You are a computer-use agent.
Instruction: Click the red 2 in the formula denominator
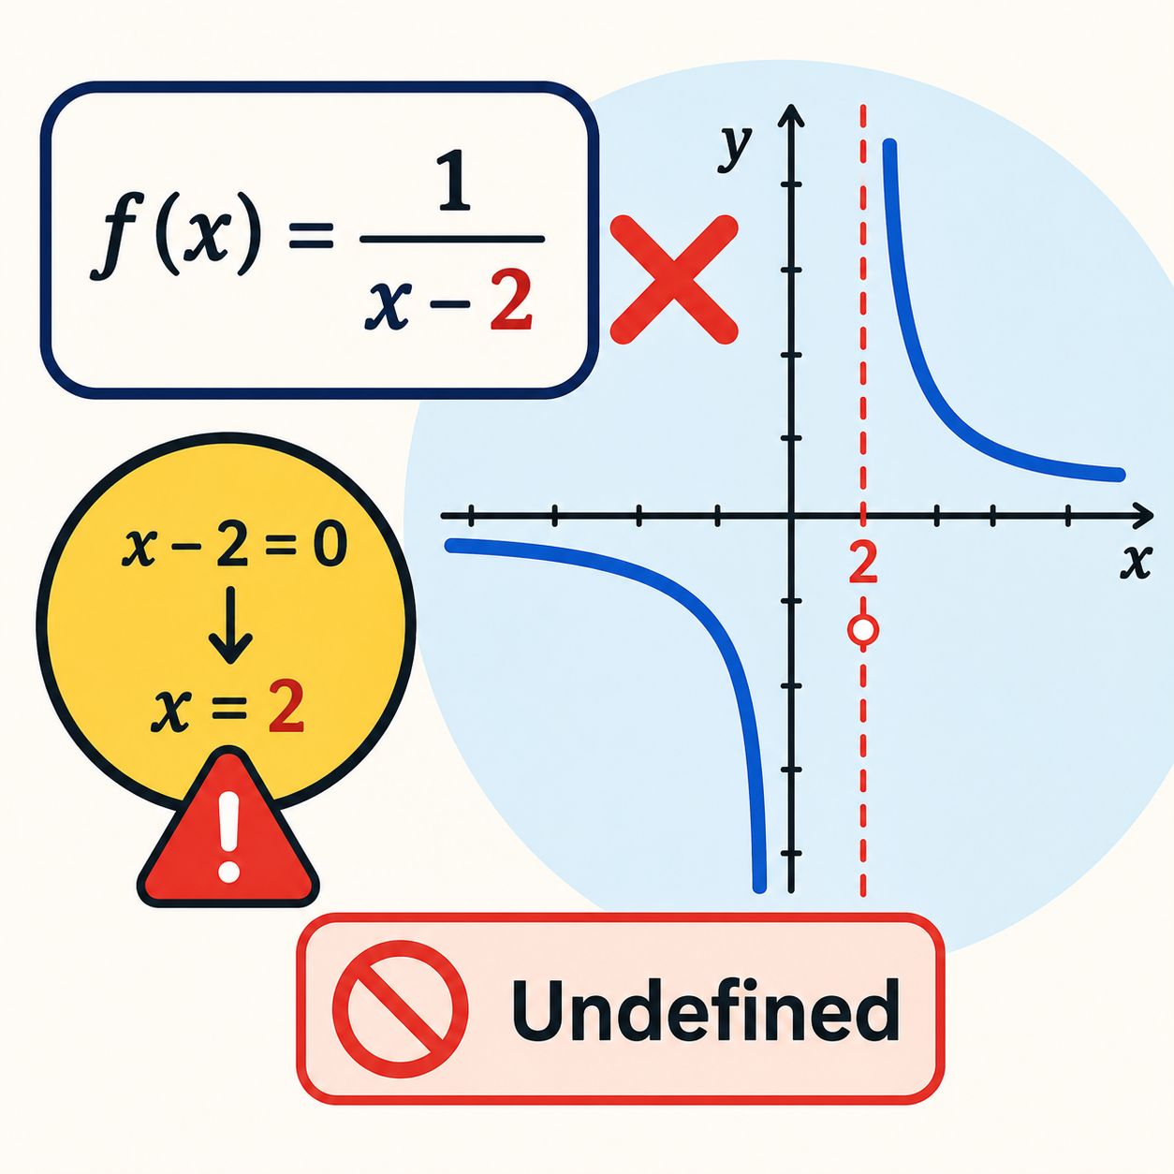coord(512,301)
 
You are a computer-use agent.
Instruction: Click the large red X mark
coord(674,280)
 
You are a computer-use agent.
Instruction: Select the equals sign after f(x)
coord(311,236)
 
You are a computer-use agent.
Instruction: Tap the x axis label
coord(1137,561)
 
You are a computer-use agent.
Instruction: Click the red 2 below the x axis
coord(862,564)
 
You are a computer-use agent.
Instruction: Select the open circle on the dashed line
coord(863,629)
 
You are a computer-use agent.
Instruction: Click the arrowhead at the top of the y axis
coord(791,115)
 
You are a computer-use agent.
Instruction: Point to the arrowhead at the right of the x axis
coord(1142,516)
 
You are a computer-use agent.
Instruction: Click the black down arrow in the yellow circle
coord(230,624)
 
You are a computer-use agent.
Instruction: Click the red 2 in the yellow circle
coord(286,710)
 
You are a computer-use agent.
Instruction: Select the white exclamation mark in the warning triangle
coord(229,836)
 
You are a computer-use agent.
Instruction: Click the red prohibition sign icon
coord(401,1009)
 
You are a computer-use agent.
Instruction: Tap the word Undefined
coord(706,1009)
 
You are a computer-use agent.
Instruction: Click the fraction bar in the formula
coord(452,240)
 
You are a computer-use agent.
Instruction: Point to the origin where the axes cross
coord(791,516)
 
